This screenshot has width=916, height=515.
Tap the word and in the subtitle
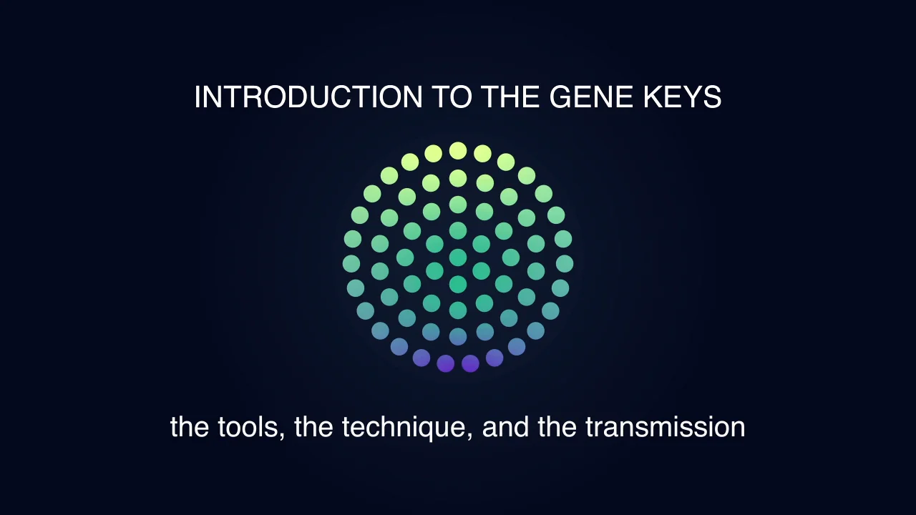506,427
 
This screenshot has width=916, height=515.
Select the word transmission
665,427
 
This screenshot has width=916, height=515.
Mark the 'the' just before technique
313,427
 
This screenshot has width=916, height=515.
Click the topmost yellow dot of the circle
458,151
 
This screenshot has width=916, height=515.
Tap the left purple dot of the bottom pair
445,363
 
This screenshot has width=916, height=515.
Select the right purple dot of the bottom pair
470,363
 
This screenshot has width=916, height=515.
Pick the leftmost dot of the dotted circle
351,263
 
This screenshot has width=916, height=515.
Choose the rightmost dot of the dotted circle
565,263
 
